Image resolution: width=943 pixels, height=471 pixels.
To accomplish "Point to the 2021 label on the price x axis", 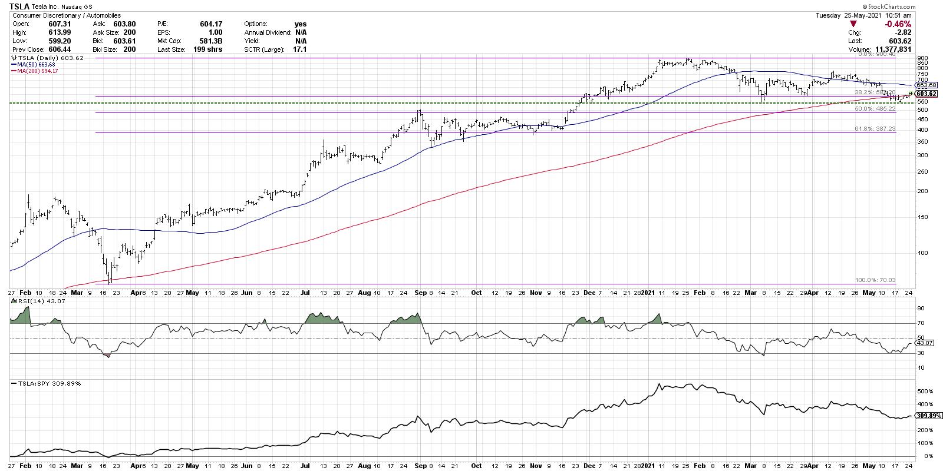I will click(x=648, y=292).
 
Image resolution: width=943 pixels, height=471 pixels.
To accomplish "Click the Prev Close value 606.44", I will click(x=60, y=49).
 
